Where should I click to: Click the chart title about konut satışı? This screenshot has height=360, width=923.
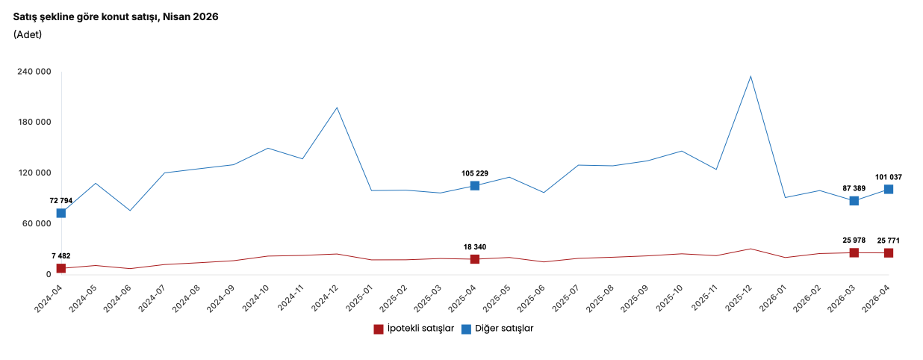point(116,17)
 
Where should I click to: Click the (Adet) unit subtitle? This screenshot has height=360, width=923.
point(28,34)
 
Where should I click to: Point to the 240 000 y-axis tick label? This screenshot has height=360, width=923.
point(34,72)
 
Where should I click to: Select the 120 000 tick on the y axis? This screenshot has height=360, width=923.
point(34,173)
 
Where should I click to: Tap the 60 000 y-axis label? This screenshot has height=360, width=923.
point(37,223)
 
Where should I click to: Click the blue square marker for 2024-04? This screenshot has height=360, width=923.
point(61,213)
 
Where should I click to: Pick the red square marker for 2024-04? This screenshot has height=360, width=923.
point(61,268)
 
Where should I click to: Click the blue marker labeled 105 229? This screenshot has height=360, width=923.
point(475,186)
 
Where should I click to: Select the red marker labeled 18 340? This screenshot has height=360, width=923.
point(475,259)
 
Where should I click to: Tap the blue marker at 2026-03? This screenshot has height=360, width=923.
point(854,201)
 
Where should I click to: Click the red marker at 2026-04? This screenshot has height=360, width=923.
point(889,253)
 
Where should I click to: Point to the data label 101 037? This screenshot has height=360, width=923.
point(889,178)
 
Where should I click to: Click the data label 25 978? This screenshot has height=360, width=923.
point(854,240)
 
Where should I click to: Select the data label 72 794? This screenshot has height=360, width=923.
point(61,201)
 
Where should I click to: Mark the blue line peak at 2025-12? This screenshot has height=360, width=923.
point(750,76)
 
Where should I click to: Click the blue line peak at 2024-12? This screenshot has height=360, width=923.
point(337,108)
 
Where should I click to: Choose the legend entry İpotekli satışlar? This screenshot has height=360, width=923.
point(414,329)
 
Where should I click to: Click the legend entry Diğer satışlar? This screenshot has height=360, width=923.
point(497,329)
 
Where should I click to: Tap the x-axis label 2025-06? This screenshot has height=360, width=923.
point(532,299)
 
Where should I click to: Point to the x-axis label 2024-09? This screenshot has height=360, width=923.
point(221,299)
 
